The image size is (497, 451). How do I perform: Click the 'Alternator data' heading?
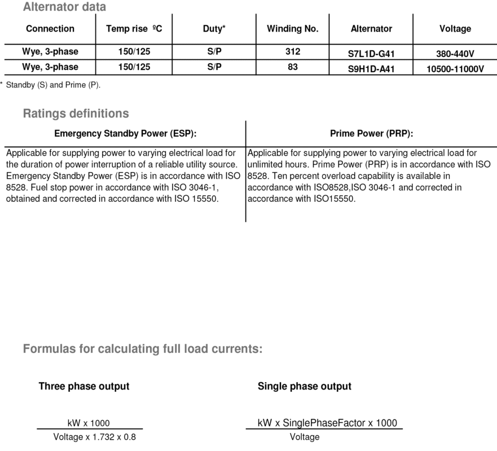click(64, 7)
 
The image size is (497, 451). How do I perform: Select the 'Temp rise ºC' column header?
click(134, 28)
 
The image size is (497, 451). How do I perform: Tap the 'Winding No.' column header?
click(293, 28)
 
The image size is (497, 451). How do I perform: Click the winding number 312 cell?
click(293, 52)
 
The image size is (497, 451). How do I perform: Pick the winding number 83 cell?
click(293, 67)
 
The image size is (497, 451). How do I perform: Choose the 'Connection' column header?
click(50, 28)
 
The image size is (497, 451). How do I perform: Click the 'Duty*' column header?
click(214, 28)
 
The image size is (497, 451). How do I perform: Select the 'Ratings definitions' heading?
click(76, 113)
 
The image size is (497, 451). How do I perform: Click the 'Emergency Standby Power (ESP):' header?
click(125, 134)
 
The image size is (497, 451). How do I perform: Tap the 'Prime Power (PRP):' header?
click(371, 134)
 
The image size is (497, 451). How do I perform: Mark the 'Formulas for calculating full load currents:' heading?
click(143, 349)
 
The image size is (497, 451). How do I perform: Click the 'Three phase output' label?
click(84, 386)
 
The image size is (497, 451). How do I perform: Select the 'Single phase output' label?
click(305, 386)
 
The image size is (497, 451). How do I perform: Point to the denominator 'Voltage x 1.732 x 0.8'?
click(94, 437)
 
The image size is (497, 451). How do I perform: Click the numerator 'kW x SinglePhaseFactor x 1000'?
click(327, 423)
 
